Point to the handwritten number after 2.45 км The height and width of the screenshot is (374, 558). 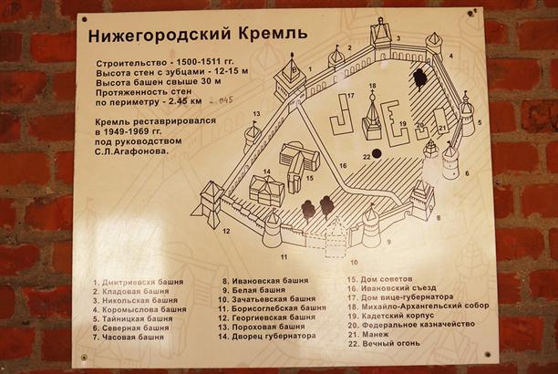pos(222,101)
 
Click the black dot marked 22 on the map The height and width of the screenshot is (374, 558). pos(376,152)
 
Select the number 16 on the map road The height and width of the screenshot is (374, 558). pos(343,165)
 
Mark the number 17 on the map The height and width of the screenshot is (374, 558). pos(349,95)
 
